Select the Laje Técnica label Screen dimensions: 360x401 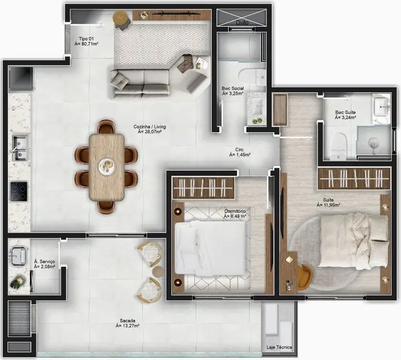click(x=279, y=348)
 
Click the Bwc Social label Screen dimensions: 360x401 click(x=233, y=88)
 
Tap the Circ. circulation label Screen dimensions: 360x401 click(x=240, y=149)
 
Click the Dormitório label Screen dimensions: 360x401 click(x=235, y=211)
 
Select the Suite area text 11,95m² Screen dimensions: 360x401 click(x=328, y=205)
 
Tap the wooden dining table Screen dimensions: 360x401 click(x=107, y=166)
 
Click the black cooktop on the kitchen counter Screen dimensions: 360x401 click(x=19, y=191)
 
